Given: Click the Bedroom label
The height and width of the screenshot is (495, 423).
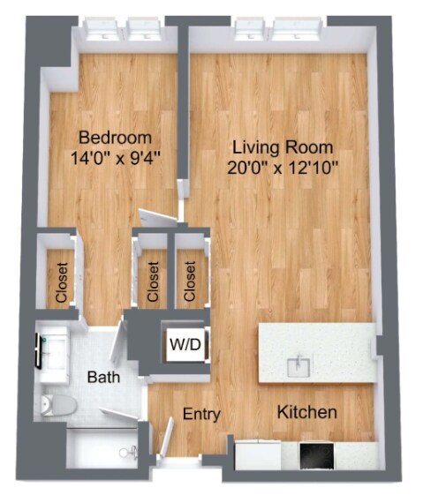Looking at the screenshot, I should point(115,139).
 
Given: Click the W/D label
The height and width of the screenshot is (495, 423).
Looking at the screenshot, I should point(185,343).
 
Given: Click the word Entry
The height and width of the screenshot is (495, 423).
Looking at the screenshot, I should point(200,414).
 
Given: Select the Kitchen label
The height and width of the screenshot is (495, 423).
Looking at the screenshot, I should point(306,412).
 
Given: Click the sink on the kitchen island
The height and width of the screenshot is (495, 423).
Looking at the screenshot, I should point(300,364).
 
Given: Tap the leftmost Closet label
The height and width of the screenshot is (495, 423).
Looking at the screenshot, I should point(61,283).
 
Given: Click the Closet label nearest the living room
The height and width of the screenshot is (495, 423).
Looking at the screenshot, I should point(190,280).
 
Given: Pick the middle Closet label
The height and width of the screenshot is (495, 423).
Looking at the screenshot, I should point(153,281).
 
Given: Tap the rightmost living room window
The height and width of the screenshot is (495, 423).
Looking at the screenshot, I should point(297,32).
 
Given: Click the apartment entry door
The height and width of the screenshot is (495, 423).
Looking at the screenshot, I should point(168,438).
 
